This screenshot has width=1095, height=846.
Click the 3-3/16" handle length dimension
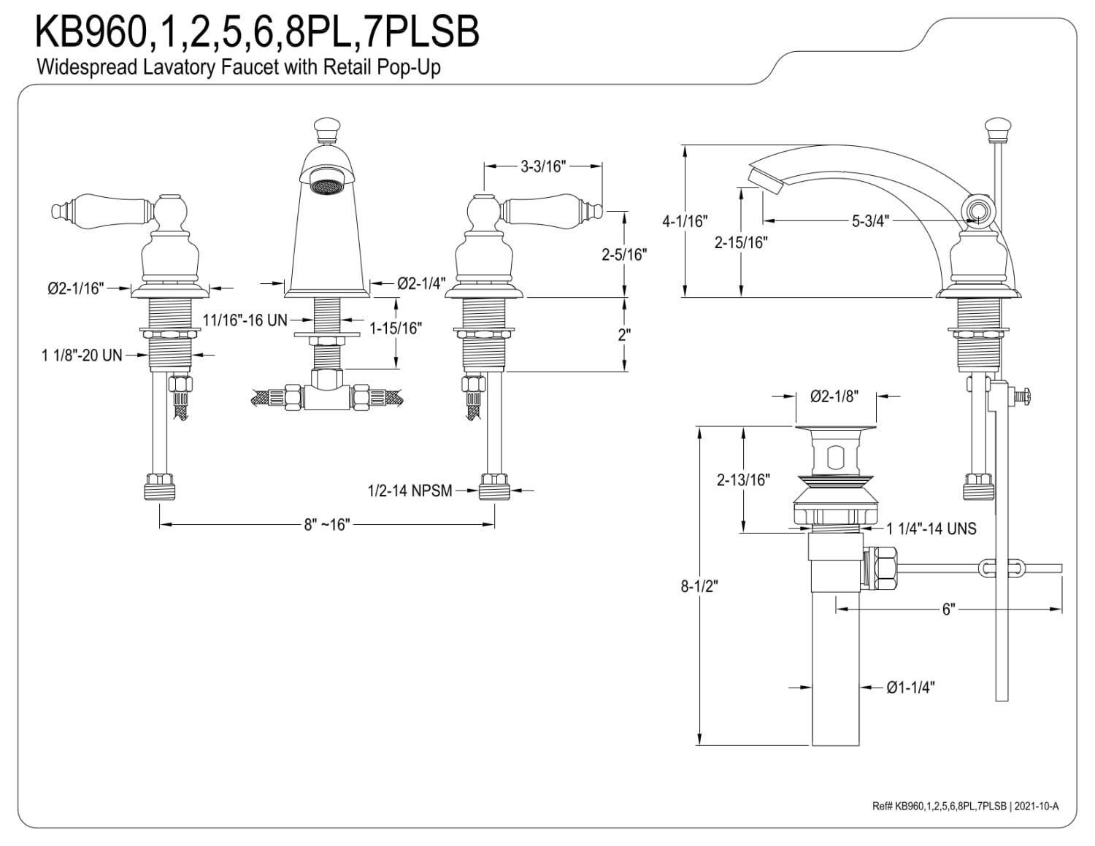543,166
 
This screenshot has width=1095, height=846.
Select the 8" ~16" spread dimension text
326,525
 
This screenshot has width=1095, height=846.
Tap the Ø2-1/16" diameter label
76,289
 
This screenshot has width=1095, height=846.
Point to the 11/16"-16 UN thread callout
245,320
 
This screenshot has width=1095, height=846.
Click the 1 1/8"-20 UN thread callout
82,355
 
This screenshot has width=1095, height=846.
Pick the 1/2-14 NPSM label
410,491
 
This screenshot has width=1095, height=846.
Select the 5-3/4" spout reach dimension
870,220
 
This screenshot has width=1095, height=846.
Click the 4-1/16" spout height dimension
685,221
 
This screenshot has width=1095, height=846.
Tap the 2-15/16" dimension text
741,243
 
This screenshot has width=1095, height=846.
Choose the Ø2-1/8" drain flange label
834,396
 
